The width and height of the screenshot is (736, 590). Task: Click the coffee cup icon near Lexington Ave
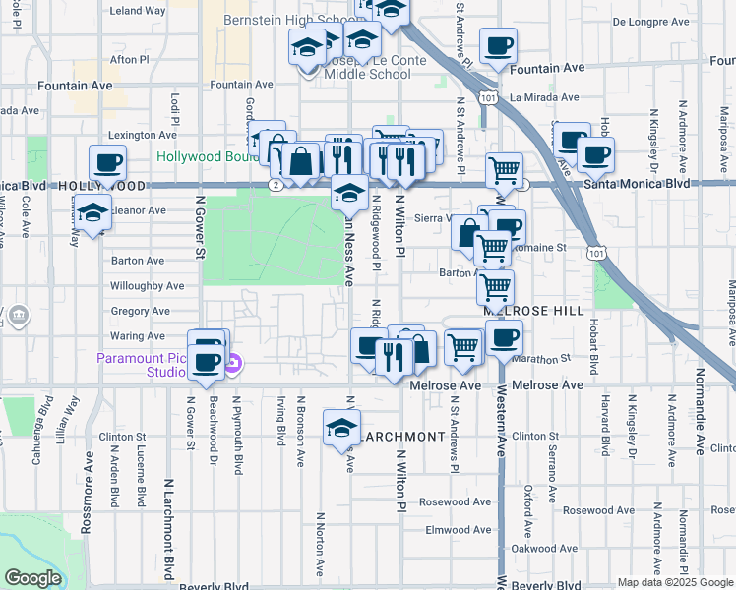107,162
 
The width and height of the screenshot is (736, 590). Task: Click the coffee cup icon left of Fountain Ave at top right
498,46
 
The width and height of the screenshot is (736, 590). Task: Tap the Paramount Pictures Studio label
141,365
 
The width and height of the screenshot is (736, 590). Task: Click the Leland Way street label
138,11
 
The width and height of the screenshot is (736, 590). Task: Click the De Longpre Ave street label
645,20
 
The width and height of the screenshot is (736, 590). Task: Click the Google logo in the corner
32,578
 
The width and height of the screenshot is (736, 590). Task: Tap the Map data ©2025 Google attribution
675,582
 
